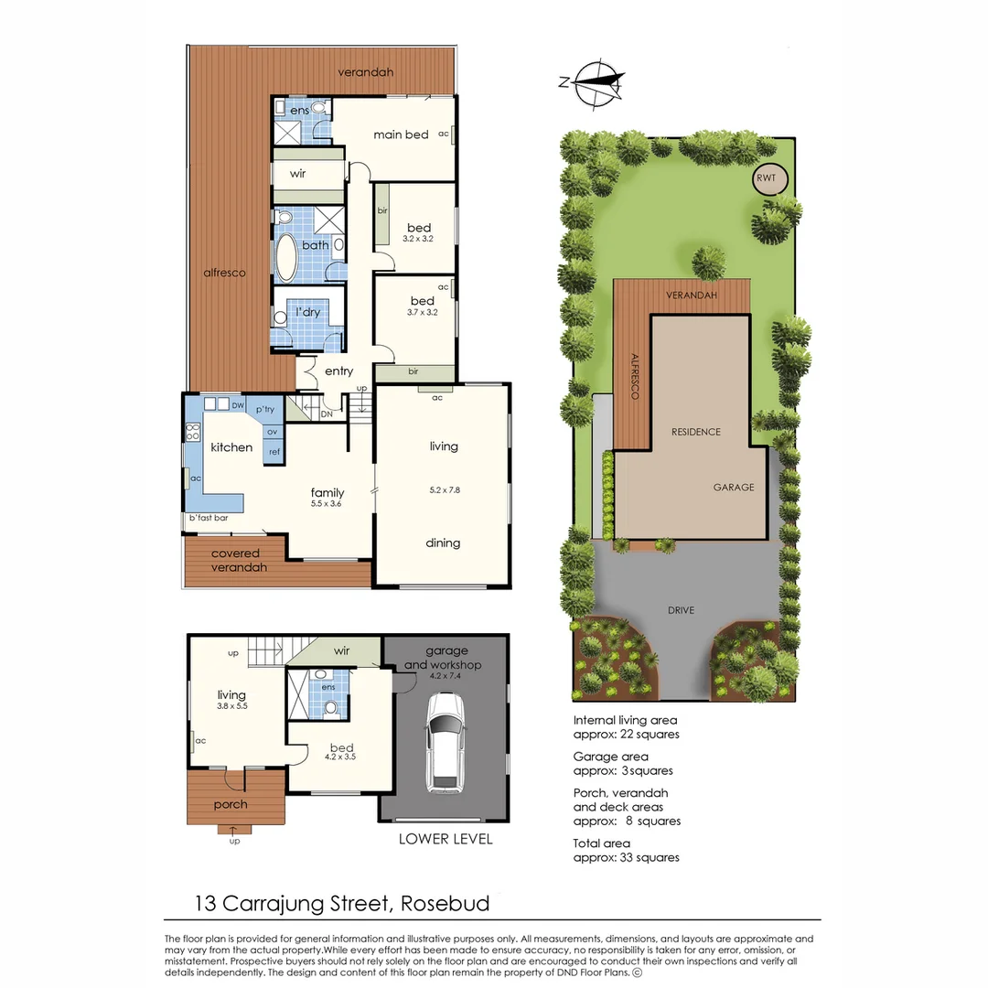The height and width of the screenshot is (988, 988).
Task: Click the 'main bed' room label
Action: click(401, 134)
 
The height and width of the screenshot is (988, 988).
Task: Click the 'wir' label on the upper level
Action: click(297, 173)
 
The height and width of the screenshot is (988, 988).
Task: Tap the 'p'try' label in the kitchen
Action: click(265, 409)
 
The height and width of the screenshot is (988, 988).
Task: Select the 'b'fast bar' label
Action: click(209, 519)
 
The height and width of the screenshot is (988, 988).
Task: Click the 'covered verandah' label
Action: click(235, 560)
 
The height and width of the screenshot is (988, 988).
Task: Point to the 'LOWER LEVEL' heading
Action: click(446, 839)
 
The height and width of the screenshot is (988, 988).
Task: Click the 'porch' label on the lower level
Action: click(230, 804)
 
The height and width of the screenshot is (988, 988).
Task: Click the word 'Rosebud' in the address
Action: click(446, 904)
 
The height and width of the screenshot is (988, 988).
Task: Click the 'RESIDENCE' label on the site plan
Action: click(695, 432)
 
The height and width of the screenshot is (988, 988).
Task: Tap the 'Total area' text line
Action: click(601, 843)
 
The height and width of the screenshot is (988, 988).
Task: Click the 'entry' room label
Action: click(338, 370)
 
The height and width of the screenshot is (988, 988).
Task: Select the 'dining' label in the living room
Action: click(443, 542)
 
